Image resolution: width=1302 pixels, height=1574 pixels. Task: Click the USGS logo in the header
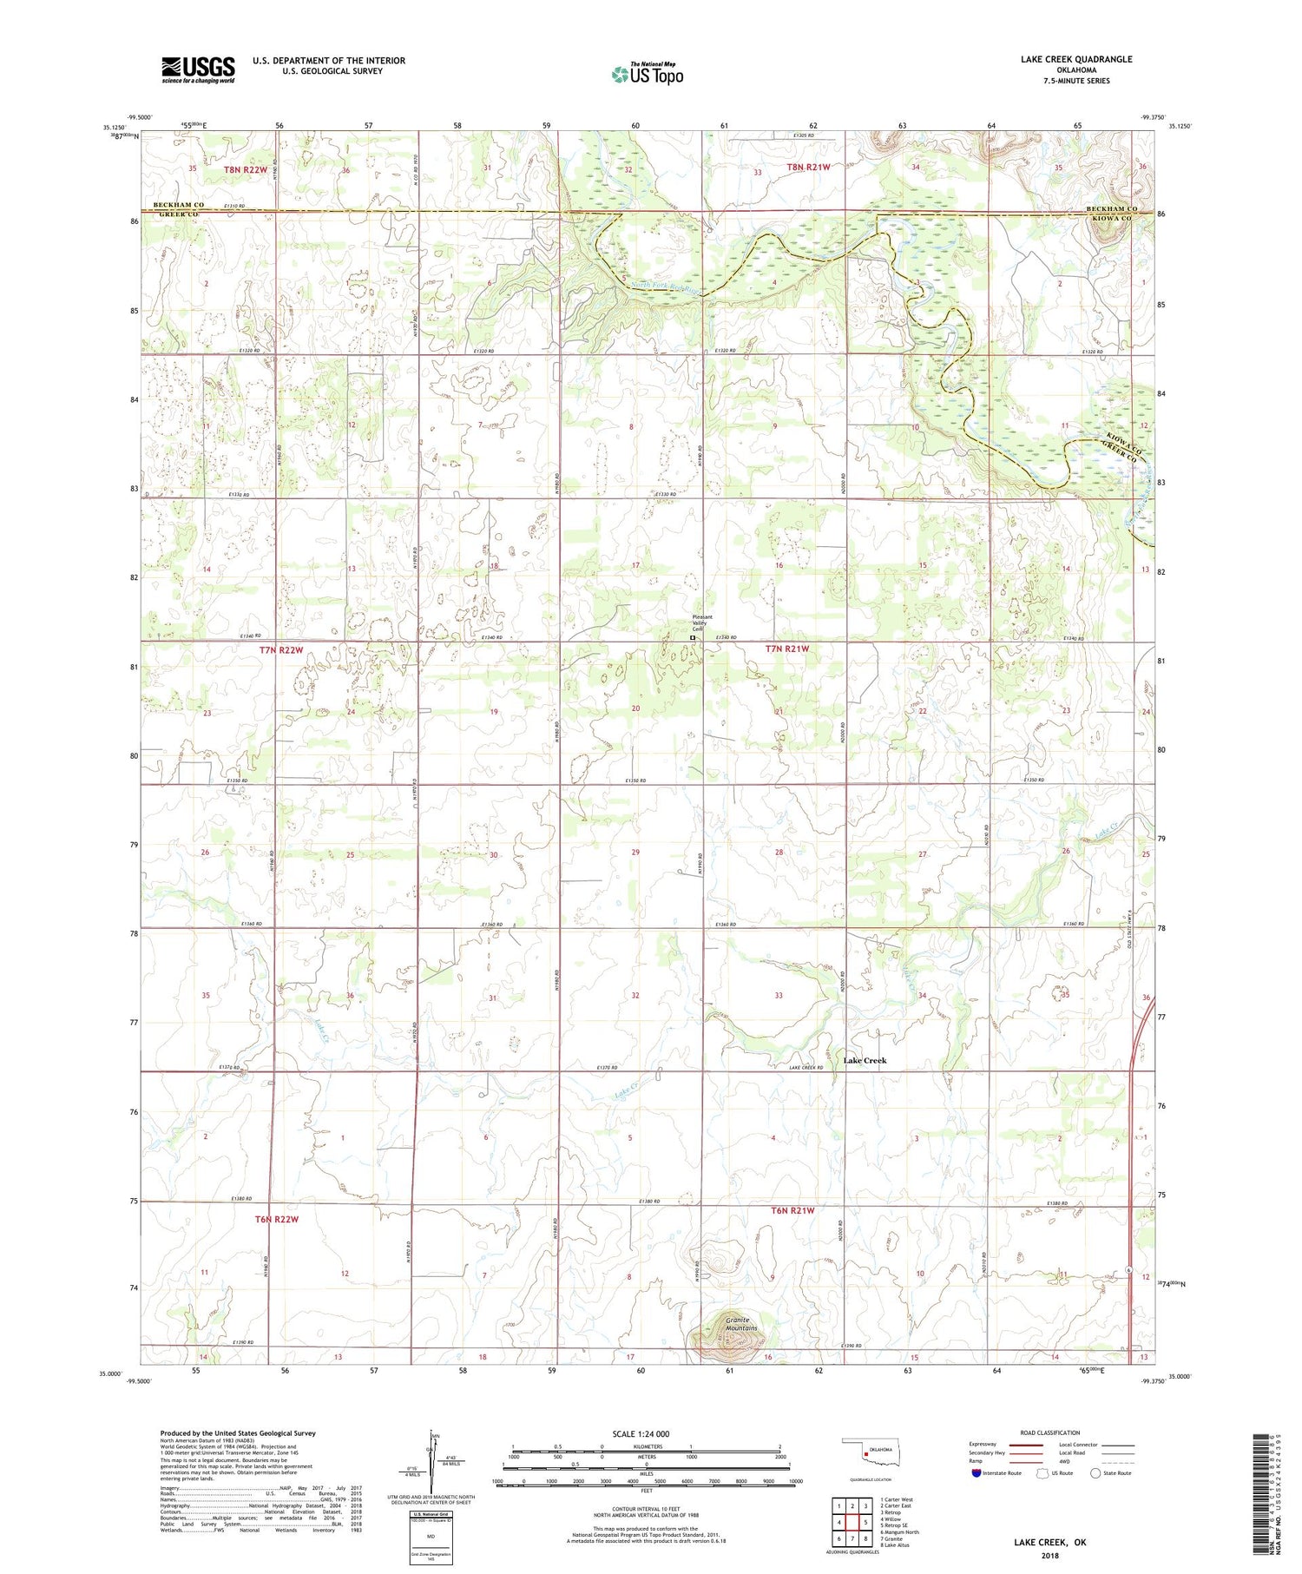198,69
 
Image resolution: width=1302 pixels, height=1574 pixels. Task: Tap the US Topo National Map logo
648,74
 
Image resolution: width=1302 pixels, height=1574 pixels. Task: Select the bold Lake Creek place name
865,1060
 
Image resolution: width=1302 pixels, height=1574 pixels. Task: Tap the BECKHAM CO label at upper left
178,205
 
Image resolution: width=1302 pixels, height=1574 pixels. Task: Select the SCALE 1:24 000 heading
641,1433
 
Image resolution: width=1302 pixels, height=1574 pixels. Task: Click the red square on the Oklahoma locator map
865,1458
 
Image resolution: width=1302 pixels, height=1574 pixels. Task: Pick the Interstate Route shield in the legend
977,1473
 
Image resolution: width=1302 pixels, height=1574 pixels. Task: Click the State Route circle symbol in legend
1095,1473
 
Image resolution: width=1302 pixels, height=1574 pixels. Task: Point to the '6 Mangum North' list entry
899,1532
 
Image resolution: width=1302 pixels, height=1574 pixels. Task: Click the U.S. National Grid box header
431,1513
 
